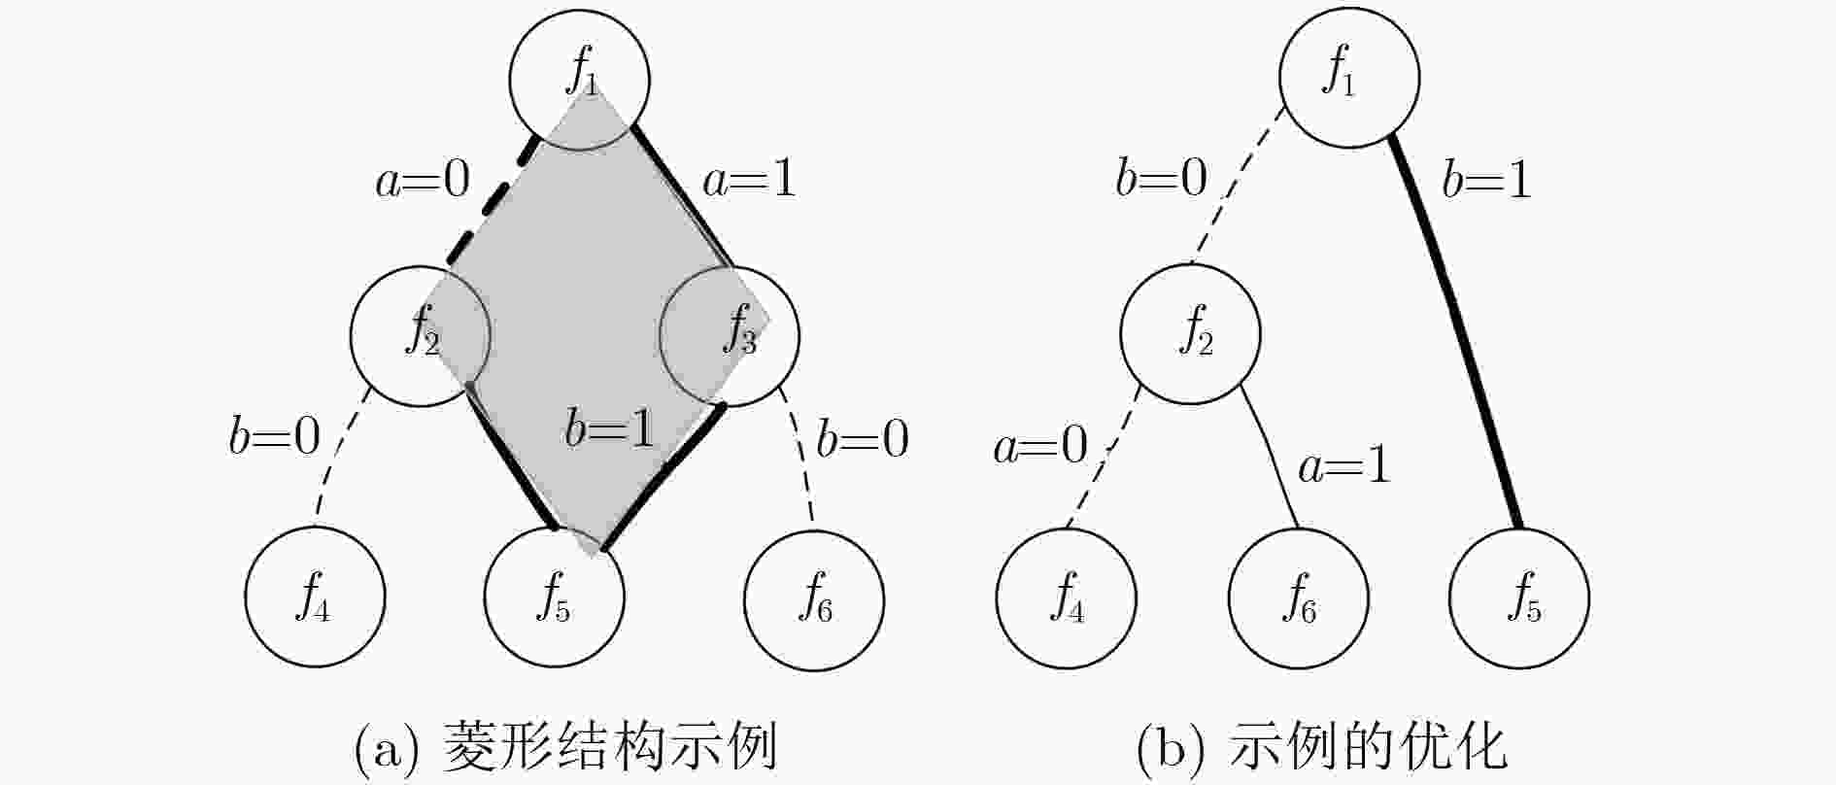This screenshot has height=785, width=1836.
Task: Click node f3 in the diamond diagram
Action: (x=730, y=336)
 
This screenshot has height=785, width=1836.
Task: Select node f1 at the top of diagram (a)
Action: (x=579, y=80)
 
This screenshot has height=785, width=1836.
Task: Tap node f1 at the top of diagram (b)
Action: (x=1349, y=78)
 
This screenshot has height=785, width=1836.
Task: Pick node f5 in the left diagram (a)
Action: (x=554, y=597)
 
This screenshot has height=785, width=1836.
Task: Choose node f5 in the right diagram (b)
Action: (x=1519, y=597)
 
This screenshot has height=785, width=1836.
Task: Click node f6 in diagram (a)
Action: (x=814, y=599)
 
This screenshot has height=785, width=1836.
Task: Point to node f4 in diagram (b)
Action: (x=1067, y=597)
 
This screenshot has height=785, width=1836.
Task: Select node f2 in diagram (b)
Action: (x=1191, y=333)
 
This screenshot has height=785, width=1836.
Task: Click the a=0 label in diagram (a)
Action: (x=423, y=179)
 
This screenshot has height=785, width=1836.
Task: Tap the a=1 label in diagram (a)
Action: (x=749, y=179)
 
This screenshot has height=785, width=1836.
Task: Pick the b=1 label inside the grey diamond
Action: (x=610, y=427)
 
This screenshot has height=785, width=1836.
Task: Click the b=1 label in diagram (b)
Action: (x=1487, y=179)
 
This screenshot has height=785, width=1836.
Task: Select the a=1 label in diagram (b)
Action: (x=1344, y=466)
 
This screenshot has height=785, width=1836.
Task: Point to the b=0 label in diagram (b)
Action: (x=1162, y=177)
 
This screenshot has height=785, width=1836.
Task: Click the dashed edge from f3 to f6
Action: (x=802, y=455)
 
